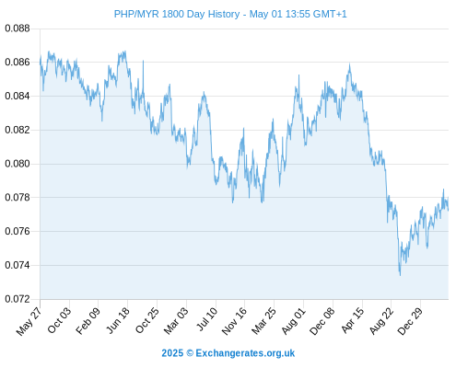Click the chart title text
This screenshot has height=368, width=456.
click(230, 14)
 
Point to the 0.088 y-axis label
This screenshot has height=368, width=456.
click(18, 29)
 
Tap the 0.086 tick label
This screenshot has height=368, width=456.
click(18, 63)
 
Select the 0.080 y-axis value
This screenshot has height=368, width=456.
click(18, 164)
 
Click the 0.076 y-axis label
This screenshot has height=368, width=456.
click(18, 231)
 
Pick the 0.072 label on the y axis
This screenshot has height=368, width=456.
click(18, 299)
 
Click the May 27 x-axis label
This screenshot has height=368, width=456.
click(29, 321)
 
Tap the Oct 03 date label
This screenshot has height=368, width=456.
click(59, 320)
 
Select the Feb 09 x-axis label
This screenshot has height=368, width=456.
click(88, 321)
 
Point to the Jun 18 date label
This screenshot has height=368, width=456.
click(118, 320)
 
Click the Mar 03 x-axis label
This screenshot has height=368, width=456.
click(176, 321)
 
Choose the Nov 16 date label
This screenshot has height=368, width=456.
click(234, 321)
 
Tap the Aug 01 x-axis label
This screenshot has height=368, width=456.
click(294, 321)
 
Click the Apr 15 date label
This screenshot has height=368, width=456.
click(353, 320)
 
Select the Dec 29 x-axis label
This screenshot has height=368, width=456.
click(410, 321)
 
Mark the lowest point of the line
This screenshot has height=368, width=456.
click(400, 275)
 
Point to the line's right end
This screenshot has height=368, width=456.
click(449, 211)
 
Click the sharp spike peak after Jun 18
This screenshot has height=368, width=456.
click(143, 61)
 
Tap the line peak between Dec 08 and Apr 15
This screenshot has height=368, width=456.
click(349, 64)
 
